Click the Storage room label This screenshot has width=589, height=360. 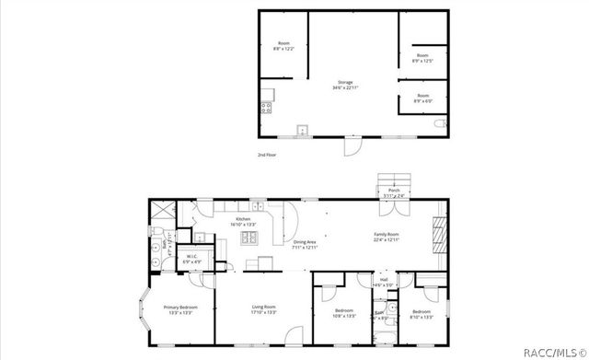pyautogui.click(x=343, y=85)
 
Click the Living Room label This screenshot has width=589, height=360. pyautogui.click(x=264, y=310)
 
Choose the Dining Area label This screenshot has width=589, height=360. pyautogui.click(x=305, y=244)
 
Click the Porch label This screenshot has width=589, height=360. pyautogui.click(x=393, y=192)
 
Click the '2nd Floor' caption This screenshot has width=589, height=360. pyautogui.click(x=267, y=155)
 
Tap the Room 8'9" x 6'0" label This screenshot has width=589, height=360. pyautogui.click(x=422, y=98)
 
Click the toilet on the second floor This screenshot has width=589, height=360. pyautogui.click(x=443, y=123)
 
